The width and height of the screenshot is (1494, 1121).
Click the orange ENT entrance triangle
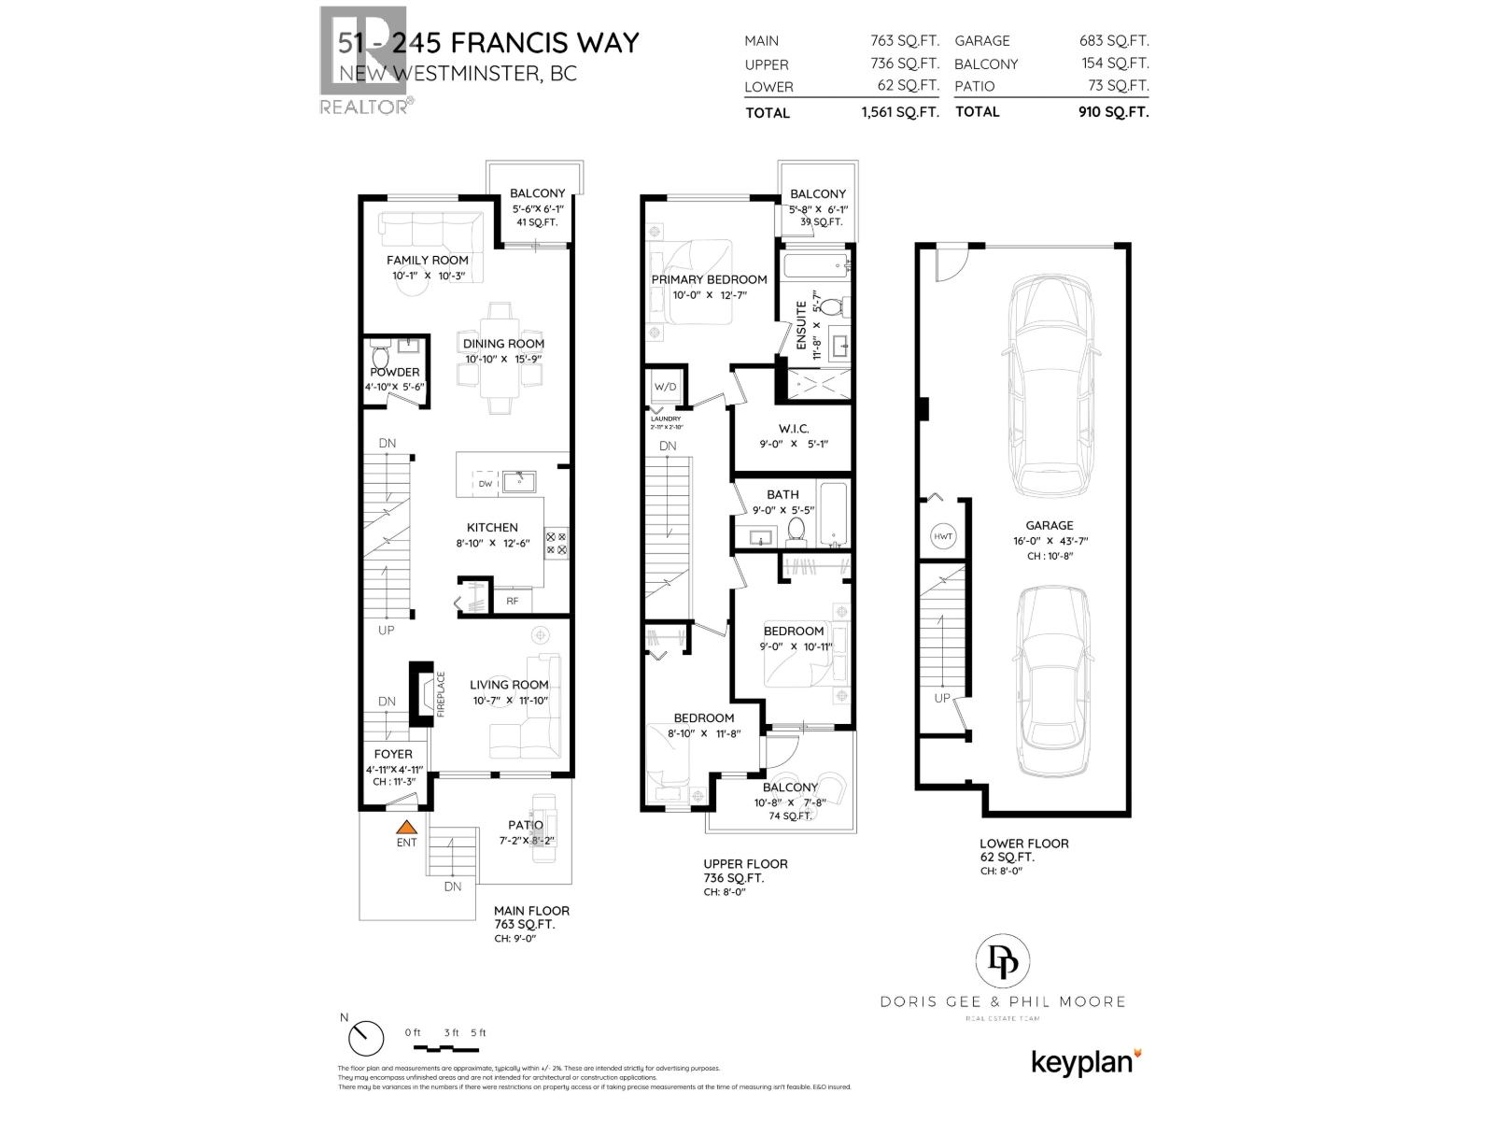point(405,826)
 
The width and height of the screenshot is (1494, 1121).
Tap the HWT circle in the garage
point(942,536)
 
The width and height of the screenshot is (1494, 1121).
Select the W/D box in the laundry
point(666,387)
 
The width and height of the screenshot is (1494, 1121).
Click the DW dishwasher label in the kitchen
point(485,484)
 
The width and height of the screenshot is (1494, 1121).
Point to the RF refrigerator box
point(512,601)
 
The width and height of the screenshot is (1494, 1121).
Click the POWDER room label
point(395,372)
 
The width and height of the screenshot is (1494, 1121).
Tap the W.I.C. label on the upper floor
point(793,429)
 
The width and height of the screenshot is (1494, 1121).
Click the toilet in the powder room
point(380,356)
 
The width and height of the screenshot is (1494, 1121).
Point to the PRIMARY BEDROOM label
point(710,279)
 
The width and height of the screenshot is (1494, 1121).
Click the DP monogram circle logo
point(1003,962)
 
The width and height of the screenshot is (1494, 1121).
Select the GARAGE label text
point(1049,525)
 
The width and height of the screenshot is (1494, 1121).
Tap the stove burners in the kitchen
point(556,543)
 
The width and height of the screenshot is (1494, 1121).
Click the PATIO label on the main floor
point(526,825)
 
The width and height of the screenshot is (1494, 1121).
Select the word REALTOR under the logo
point(363,107)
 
